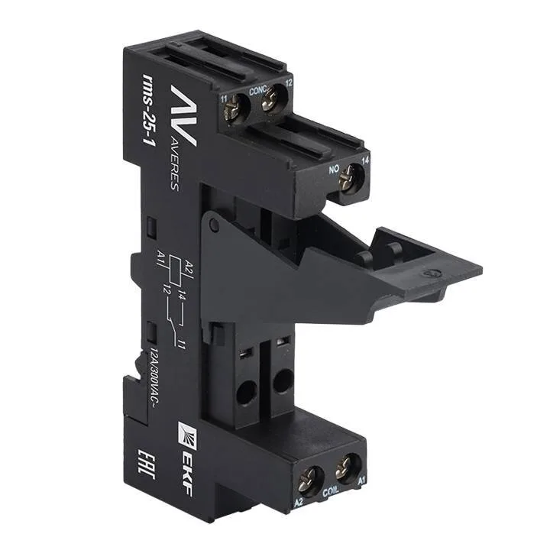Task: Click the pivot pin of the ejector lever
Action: tap(215, 224)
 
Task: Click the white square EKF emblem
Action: tap(189, 429)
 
